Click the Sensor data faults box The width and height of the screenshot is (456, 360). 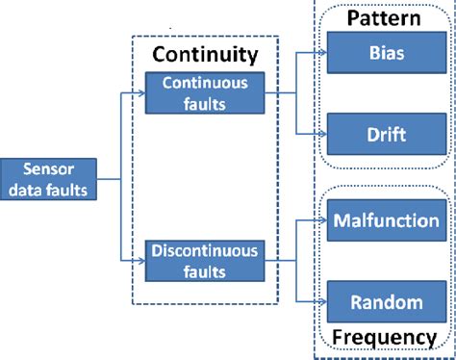[x=48, y=179]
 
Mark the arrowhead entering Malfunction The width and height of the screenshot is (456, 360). [x=322, y=220]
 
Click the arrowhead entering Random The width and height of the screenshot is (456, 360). [x=322, y=301]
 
